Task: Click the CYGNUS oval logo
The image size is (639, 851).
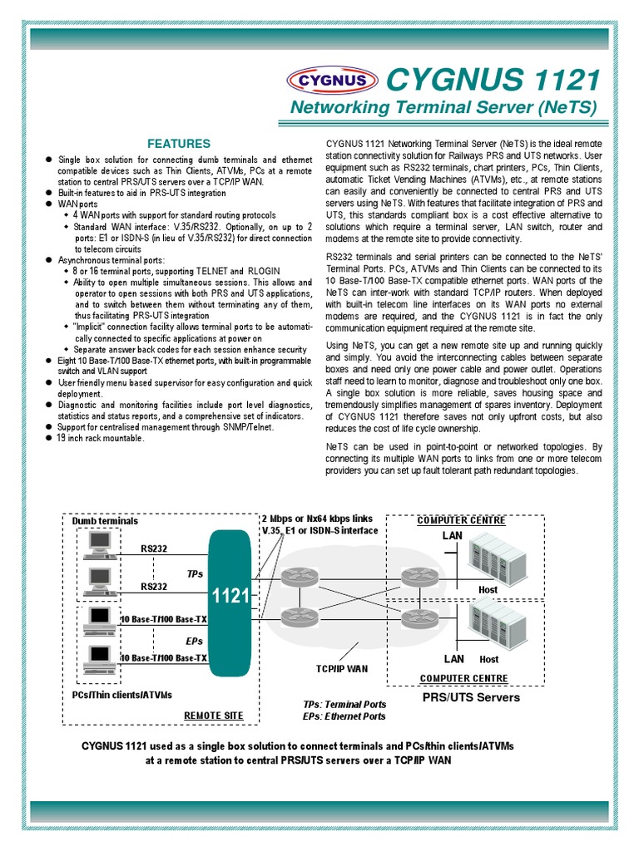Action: [x=332, y=81]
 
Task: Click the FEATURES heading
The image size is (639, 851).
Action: [x=179, y=143]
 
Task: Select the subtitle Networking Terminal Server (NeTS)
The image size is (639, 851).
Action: [x=443, y=107]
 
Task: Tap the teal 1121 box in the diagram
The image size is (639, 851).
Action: [x=230, y=596]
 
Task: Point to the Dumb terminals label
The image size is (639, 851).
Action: [x=105, y=521]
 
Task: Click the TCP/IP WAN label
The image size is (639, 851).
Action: [x=341, y=668]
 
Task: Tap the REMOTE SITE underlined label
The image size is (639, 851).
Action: [x=213, y=715]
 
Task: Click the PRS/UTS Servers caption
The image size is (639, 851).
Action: [x=471, y=697]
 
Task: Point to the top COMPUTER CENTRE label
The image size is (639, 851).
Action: [x=461, y=520]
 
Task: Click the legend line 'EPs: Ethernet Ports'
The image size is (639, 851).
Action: [x=344, y=716]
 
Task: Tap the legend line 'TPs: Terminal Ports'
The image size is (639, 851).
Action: [x=344, y=704]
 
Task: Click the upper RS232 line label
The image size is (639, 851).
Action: [x=153, y=548]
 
